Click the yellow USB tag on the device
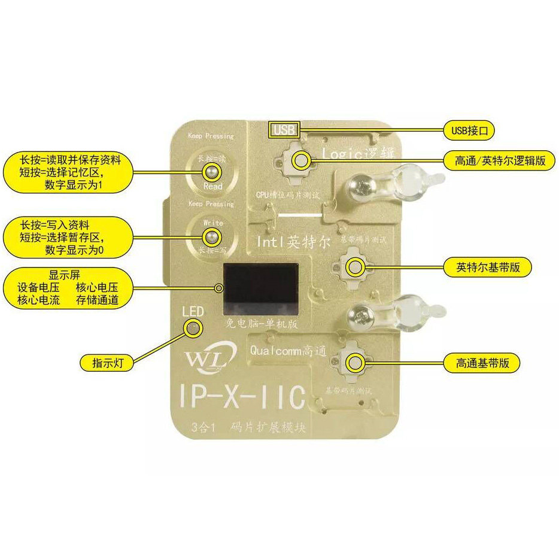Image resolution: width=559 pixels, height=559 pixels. [284, 130]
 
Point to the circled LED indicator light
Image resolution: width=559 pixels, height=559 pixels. [193, 326]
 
